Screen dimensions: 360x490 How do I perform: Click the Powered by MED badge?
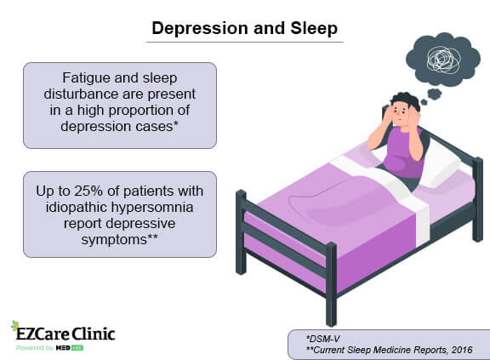click(50, 347)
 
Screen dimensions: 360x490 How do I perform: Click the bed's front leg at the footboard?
click(331, 285)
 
